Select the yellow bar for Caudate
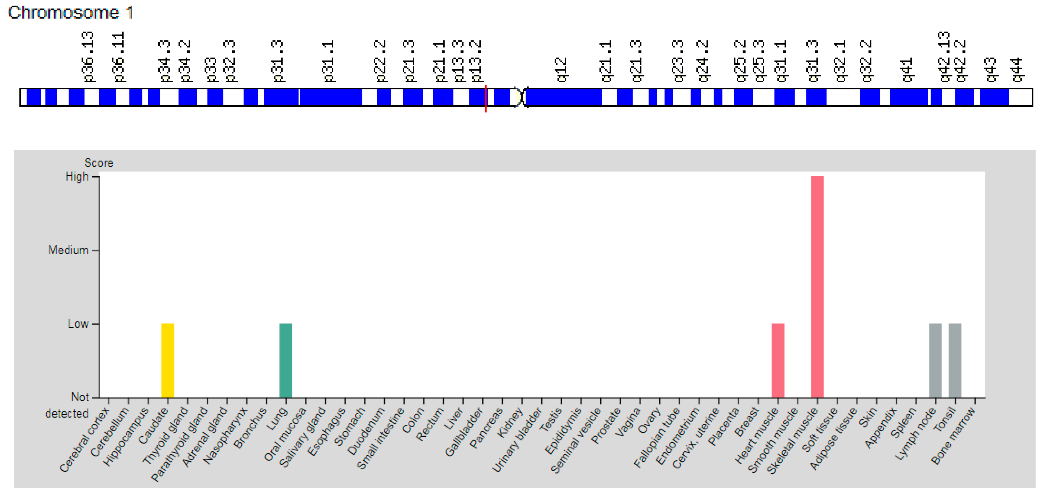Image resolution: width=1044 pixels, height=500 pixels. point(167,360)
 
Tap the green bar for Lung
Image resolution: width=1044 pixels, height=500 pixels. point(286,360)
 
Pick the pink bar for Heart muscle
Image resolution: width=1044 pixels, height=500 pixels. point(778,360)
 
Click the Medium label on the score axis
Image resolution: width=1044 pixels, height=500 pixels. point(68,250)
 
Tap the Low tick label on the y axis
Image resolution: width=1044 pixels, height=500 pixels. point(78,324)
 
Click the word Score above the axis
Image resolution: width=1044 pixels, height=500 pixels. point(99,163)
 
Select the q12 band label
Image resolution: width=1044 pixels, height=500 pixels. point(561,70)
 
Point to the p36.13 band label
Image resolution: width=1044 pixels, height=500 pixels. point(88,57)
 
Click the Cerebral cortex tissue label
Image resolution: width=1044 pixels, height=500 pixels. point(84,440)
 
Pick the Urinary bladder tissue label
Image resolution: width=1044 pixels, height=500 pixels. point(517,440)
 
